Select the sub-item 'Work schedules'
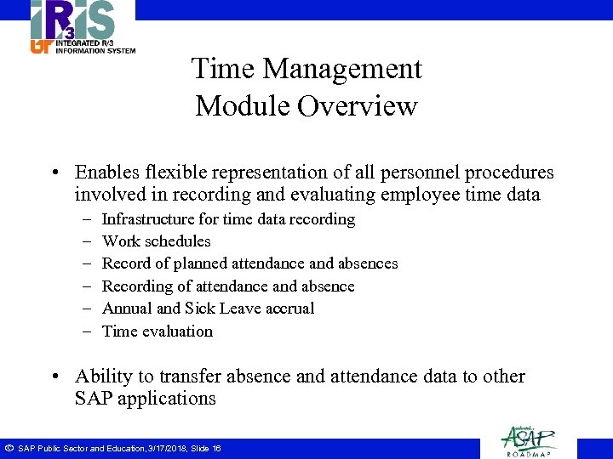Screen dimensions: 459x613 click(156, 241)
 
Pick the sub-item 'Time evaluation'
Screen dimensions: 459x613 click(158, 331)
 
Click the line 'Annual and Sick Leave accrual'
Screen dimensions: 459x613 click(208, 309)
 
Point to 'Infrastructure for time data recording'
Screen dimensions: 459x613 click(228, 219)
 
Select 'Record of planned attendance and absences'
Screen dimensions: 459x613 click(249, 263)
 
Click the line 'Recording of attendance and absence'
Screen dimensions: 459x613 click(228, 286)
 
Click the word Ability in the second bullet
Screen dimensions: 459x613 click(100, 377)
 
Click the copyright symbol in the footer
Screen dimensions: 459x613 click(9, 448)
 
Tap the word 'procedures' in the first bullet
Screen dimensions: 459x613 click(509, 173)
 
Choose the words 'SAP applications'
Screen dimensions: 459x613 click(146, 399)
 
